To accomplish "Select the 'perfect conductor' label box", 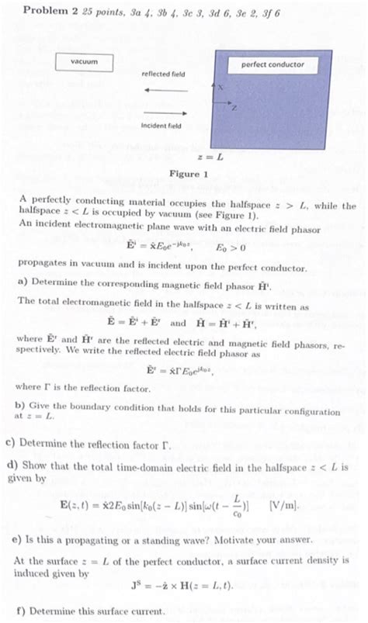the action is click(x=278, y=64).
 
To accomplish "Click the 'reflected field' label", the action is click(x=163, y=74).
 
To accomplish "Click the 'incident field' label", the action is click(x=161, y=126).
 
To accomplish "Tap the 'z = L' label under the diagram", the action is click(x=210, y=156).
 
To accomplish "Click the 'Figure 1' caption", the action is click(x=189, y=174).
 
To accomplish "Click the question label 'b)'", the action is click(x=22, y=407).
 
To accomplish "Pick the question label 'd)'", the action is click(x=11, y=467).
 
